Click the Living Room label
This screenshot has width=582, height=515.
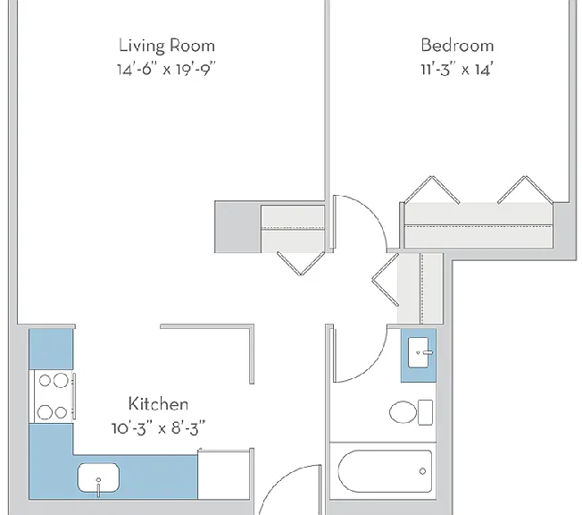pyautogui.click(x=167, y=46)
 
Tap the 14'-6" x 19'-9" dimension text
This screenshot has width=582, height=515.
pyautogui.click(x=166, y=69)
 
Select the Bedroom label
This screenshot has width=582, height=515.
pyautogui.click(x=457, y=46)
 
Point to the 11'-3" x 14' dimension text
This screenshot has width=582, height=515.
pyautogui.click(x=457, y=70)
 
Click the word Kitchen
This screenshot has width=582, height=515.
pyautogui.click(x=158, y=404)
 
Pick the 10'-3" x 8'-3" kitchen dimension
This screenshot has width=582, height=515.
pyautogui.click(x=158, y=428)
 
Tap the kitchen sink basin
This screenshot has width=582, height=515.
pyautogui.click(x=98, y=477)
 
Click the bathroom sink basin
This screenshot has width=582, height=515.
pyautogui.click(x=418, y=352)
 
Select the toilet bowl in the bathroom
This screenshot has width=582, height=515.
pyautogui.click(x=403, y=412)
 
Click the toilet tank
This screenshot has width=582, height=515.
pyautogui.click(x=426, y=412)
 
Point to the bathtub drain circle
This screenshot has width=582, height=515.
pyautogui.click(x=422, y=471)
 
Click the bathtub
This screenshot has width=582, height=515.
pyautogui.click(x=385, y=471)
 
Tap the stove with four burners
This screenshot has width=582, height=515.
pyautogui.click(x=53, y=396)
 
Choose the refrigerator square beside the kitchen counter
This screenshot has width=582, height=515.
pyautogui.click(x=224, y=475)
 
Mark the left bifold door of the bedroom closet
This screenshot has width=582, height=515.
pyautogui.click(x=432, y=190)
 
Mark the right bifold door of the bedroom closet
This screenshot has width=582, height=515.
pyautogui.click(x=525, y=190)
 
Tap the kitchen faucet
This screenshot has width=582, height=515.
pyautogui.click(x=98, y=487)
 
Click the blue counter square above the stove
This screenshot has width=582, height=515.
pyautogui.click(x=51, y=350)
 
